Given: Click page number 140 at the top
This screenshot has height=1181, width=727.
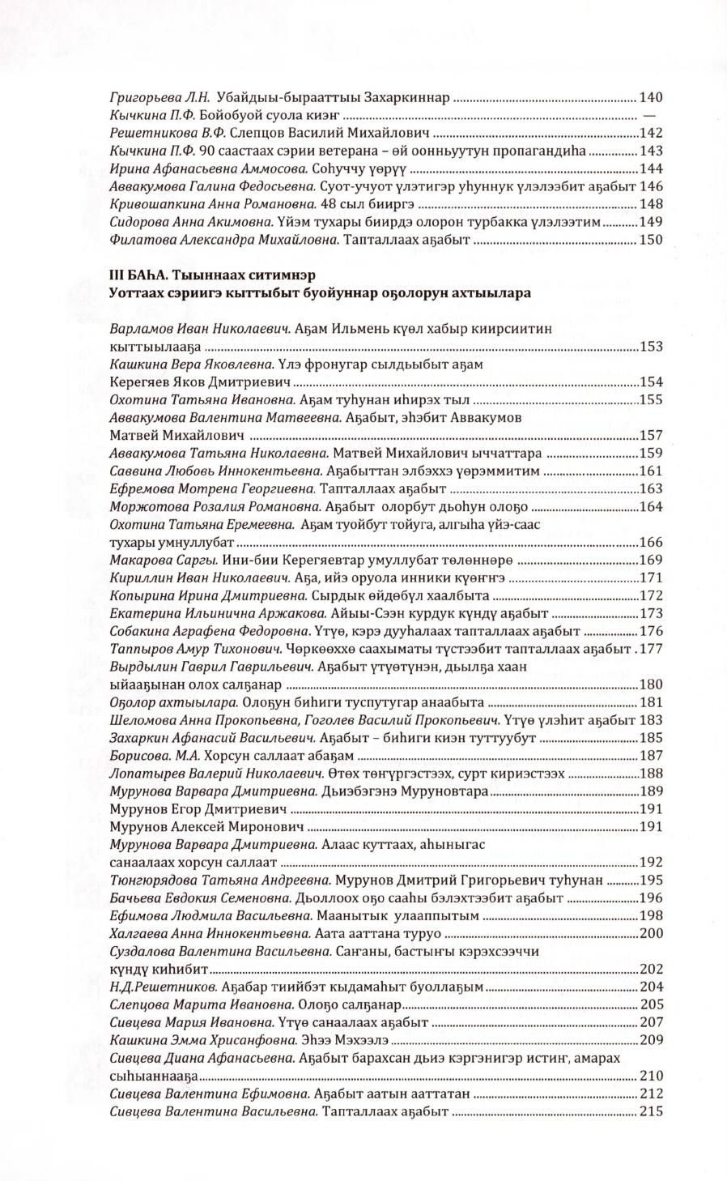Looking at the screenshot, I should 651,98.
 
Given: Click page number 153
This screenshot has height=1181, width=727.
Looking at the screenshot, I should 651,347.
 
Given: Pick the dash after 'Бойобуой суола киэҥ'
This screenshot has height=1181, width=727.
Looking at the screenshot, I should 648,116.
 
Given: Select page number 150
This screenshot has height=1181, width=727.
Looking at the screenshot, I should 651,240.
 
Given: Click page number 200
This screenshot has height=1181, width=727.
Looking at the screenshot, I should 651,934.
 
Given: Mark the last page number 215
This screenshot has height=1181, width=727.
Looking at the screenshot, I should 651,1111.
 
